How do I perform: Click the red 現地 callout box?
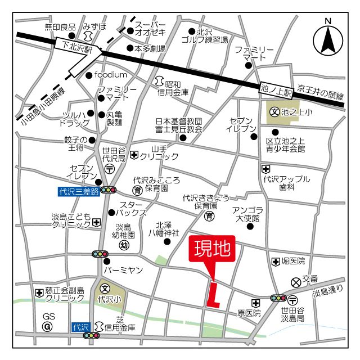[213, 250]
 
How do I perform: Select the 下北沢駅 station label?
[76, 44]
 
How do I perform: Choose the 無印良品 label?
[60, 26]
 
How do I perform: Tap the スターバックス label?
[130, 209]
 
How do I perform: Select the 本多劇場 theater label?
[150, 49]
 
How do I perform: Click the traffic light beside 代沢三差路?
[108, 190]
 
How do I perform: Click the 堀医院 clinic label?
[293, 262]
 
